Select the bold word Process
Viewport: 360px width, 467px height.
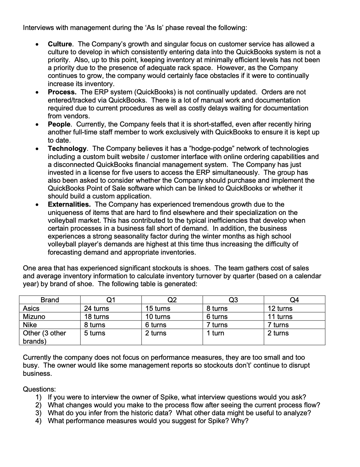coord(62,92)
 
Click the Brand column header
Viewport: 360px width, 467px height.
coord(50,300)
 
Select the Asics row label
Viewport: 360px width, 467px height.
coord(31,309)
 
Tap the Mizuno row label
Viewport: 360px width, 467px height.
coord(34,317)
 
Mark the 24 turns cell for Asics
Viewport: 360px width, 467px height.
coord(96,309)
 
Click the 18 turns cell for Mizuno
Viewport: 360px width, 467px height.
coord(96,317)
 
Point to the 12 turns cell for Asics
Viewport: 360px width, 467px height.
coord(280,309)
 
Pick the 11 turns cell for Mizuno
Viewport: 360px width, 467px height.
coord(280,317)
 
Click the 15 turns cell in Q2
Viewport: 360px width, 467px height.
coord(158,309)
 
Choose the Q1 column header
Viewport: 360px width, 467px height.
coord(111,300)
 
